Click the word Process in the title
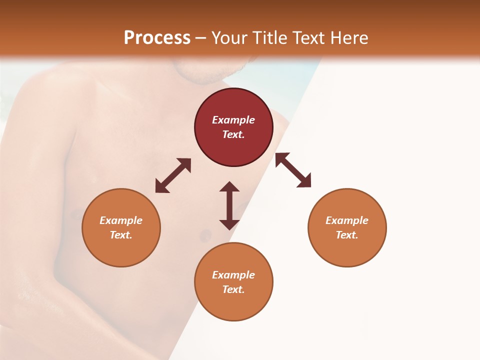157,38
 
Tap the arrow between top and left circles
173,175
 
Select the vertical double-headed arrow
229,205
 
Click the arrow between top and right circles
293,170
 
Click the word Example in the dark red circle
233,120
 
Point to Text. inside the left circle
121,235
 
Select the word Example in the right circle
347,220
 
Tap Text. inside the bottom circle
233,289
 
